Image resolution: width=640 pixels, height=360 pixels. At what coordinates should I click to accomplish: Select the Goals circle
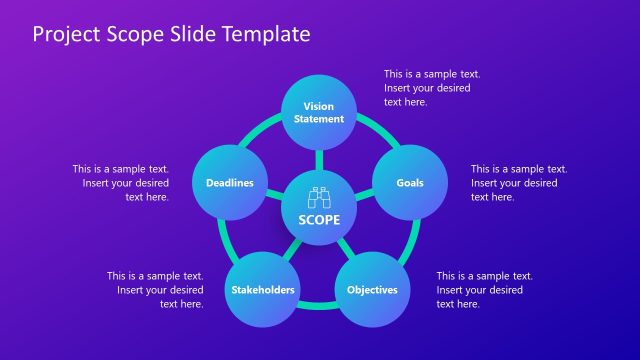(409, 183)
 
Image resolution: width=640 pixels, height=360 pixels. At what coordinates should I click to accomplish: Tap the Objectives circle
(372, 290)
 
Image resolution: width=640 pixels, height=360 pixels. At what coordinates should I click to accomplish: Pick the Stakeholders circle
(263, 290)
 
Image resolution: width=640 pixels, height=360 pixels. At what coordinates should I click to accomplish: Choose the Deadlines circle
(229, 183)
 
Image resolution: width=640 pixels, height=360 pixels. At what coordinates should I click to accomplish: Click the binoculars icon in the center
(319, 199)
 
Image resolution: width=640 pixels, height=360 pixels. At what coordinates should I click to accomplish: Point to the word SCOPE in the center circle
(319, 220)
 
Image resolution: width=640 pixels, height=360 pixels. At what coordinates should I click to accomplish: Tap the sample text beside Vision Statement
(431, 88)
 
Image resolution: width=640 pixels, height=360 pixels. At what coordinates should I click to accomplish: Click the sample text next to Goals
(518, 183)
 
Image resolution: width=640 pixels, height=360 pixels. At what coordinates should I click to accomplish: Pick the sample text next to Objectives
(483, 290)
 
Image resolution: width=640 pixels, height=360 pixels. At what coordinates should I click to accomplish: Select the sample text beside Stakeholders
(156, 290)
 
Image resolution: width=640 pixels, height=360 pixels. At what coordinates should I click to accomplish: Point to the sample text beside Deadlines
(121, 183)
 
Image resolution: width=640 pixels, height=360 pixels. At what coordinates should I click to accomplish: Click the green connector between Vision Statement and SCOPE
(319, 159)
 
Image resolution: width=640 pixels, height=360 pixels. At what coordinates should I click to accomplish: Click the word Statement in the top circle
(318, 119)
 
